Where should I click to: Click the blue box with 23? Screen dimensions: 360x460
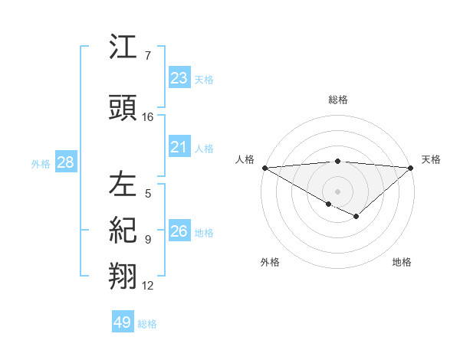[179, 78]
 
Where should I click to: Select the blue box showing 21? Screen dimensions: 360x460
[179, 147]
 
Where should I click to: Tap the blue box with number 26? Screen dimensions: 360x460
[179, 231]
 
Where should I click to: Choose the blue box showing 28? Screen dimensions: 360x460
[65, 162]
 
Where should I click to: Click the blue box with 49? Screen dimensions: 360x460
[123, 322]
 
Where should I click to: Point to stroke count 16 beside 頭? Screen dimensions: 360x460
[148, 117]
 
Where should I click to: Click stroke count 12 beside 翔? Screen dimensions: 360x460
[148, 286]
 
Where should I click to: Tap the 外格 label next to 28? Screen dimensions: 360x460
[41, 163]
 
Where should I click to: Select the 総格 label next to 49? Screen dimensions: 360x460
[147, 324]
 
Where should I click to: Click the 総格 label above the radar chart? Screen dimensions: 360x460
[337, 100]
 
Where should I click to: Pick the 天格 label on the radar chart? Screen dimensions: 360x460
[431, 159]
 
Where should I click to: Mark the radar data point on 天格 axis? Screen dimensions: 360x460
[411, 168]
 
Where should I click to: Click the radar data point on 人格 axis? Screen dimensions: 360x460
[264, 168]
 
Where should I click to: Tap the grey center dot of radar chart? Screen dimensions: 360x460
[337, 191]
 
